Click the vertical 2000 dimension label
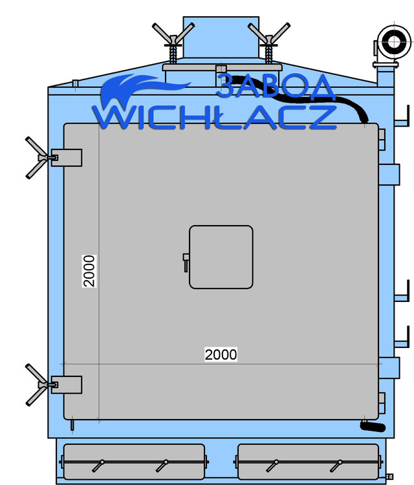pos(89,271)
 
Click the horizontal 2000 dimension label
pos(221,354)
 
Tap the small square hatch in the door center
pos(221,257)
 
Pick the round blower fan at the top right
pos(391,43)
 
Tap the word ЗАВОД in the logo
pos(275,87)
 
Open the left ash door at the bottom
pos(132,461)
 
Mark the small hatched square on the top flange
pos(221,68)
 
